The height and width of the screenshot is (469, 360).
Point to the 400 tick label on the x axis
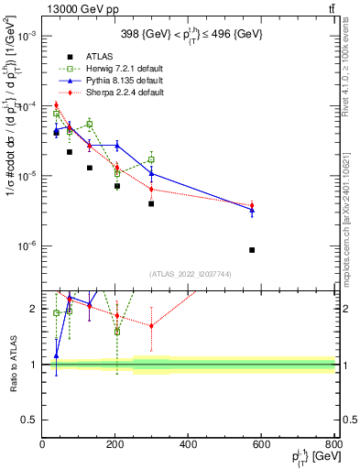(189, 445)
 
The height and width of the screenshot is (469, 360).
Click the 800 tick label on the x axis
(333, 445)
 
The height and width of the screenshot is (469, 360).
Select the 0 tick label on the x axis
(43, 445)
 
